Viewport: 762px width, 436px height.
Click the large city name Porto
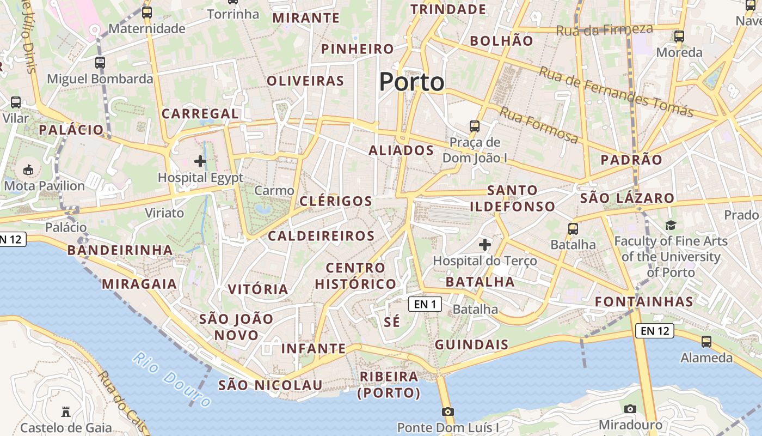[x=411, y=82]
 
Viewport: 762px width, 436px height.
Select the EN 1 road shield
[x=425, y=304]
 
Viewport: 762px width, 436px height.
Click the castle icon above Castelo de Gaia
[x=66, y=411]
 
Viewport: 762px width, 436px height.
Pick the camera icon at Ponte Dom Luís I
[x=447, y=411]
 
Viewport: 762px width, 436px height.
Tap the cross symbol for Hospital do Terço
[x=484, y=245]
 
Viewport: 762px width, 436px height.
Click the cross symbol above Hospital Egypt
[x=200, y=161]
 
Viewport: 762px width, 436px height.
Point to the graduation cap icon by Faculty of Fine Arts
[x=671, y=225]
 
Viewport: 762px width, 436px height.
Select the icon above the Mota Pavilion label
[x=28, y=170]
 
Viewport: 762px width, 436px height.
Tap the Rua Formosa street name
[x=539, y=125]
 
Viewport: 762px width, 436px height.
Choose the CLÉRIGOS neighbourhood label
[x=336, y=201]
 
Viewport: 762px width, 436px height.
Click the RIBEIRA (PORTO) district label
[x=389, y=384]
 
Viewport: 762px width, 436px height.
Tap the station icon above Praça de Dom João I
[x=475, y=126]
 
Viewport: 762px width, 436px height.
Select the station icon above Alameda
[x=706, y=342]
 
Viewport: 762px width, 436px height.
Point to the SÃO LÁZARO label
[x=627, y=198]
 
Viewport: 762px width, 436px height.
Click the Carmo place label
[x=274, y=191]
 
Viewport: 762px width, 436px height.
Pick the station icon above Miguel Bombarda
[x=100, y=63]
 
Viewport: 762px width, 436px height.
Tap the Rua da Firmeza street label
[x=604, y=29]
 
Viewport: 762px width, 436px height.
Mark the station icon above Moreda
[x=679, y=37]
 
